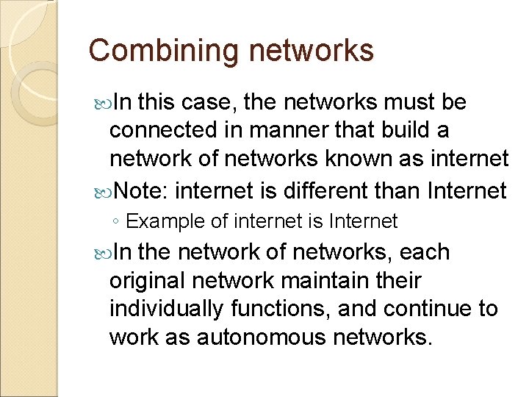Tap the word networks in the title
pyautogui.click(x=312, y=51)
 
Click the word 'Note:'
pyautogui.click(x=142, y=191)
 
